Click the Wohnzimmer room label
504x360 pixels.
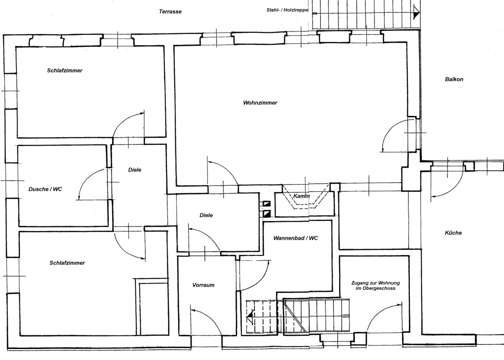coord(260,103)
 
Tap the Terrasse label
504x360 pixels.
coord(170,11)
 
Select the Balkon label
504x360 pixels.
coord(454,79)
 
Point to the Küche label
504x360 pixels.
coord(453,233)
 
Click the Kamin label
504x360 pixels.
coord(302,196)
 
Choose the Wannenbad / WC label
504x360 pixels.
coord(296,238)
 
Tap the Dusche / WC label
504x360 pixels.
coord(45,189)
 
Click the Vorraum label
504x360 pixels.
coord(203,285)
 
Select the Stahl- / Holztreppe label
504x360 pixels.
coord(287,10)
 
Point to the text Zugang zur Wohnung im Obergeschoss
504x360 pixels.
coord(376,286)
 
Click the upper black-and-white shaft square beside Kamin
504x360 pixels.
coord(267,204)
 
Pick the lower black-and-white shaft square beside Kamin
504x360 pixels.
coord(267,214)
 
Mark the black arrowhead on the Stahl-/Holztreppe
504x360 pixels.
coord(417,14)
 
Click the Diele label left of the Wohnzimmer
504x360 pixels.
coord(135,170)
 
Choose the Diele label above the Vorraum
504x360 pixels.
coord(206,215)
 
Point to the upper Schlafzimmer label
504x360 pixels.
coord(65,70)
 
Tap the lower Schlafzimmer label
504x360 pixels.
coord(67,263)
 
